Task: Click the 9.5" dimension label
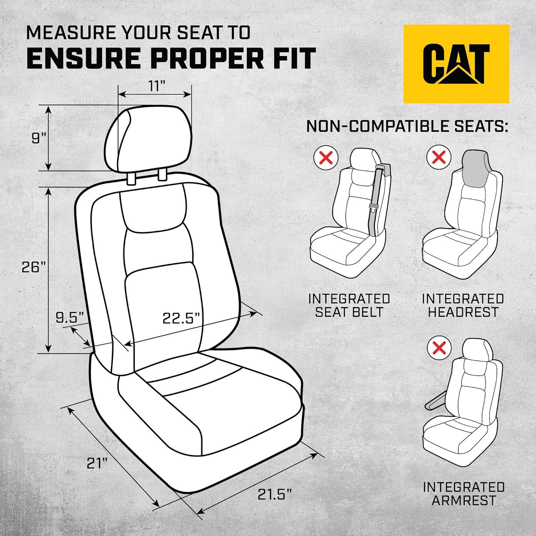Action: (x=70, y=317)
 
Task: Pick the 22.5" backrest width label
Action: (x=181, y=318)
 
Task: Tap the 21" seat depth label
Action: (x=97, y=463)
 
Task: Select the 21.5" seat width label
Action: (x=274, y=495)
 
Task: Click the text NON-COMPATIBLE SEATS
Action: (x=407, y=126)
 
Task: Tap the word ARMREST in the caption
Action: (x=463, y=500)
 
